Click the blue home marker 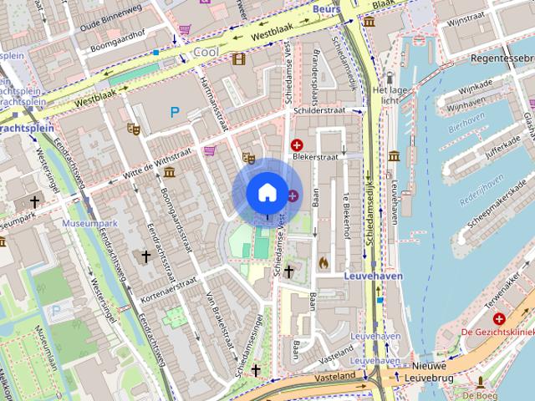point(266,193)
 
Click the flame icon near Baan point(324,262)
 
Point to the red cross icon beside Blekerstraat point(297,145)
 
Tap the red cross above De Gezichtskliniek point(499,319)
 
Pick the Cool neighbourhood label point(205,52)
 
